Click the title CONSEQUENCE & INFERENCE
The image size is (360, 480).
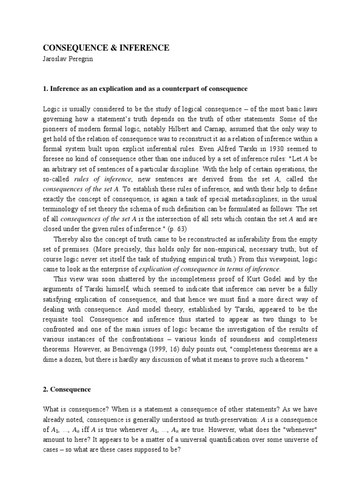point(106,48)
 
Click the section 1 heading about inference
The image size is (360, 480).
point(145,89)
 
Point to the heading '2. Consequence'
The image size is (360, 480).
point(67,390)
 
